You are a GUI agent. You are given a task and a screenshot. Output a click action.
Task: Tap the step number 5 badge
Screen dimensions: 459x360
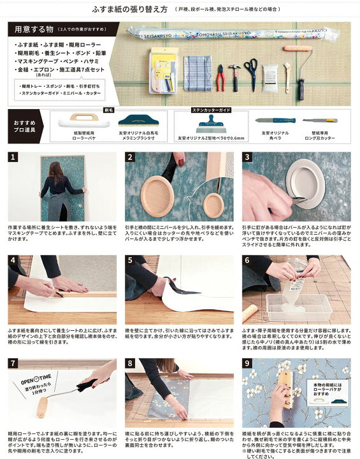pos(130,260)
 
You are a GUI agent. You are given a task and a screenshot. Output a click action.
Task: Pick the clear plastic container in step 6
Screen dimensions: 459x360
pos(298,307)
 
